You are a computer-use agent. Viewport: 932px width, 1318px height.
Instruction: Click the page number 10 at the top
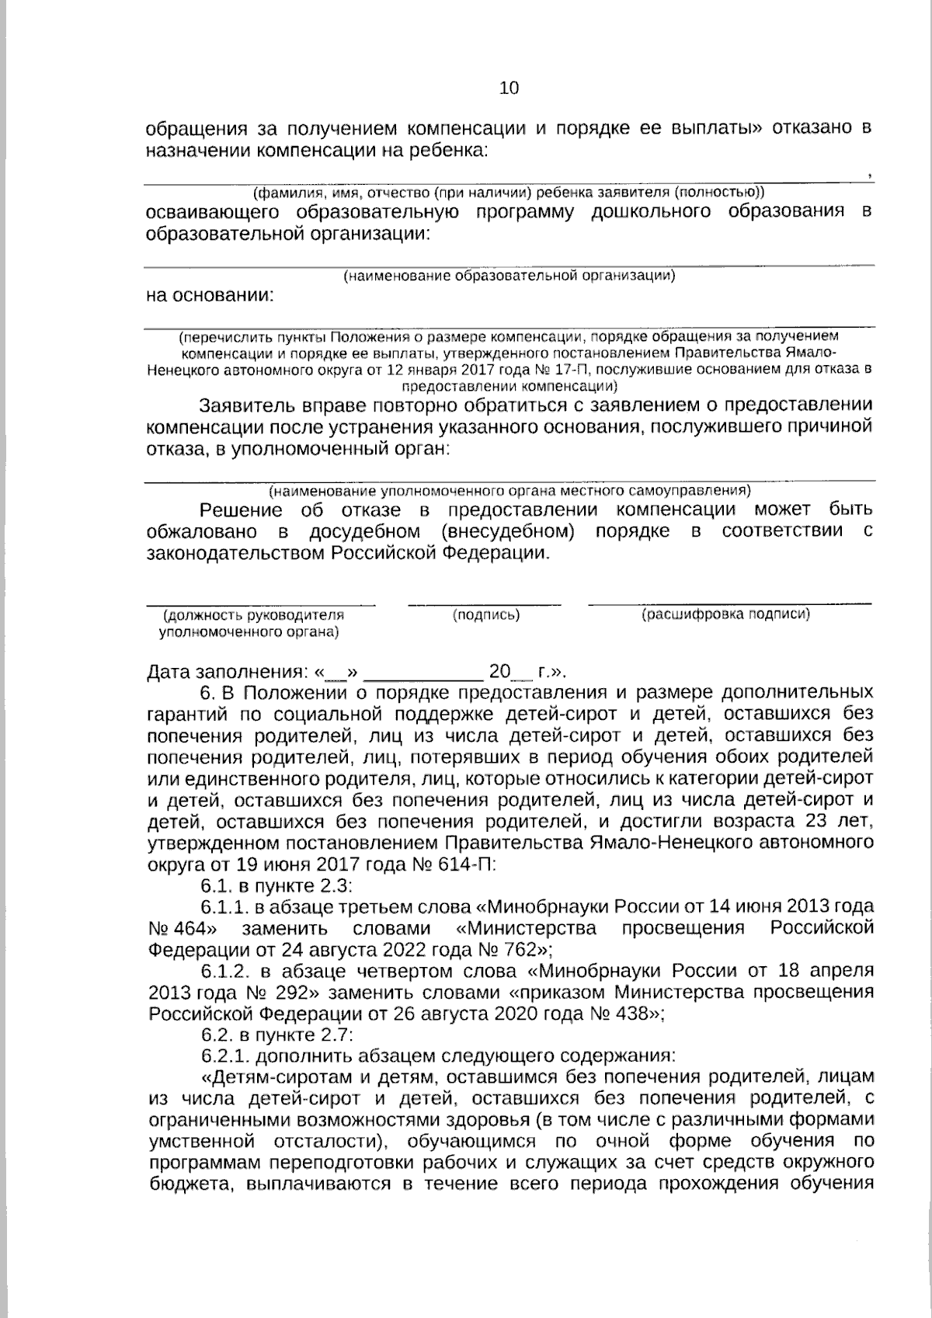click(509, 88)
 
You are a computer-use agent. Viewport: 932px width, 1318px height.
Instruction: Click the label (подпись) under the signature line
click(486, 614)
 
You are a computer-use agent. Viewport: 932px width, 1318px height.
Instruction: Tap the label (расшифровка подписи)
click(725, 614)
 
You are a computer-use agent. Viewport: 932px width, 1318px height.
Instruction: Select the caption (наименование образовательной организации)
click(509, 276)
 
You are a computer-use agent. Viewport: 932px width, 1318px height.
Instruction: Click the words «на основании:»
click(210, 295)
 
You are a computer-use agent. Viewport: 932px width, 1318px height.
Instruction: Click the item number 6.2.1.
click(225, 1055)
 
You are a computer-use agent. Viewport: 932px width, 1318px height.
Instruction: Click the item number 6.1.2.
click(226, 971)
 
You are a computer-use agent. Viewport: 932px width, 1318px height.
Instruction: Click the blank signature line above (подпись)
click(485, 603)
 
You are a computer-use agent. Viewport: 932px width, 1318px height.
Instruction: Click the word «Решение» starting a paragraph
click(240, 509)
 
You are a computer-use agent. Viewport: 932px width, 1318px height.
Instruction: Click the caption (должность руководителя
click(253, 614)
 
